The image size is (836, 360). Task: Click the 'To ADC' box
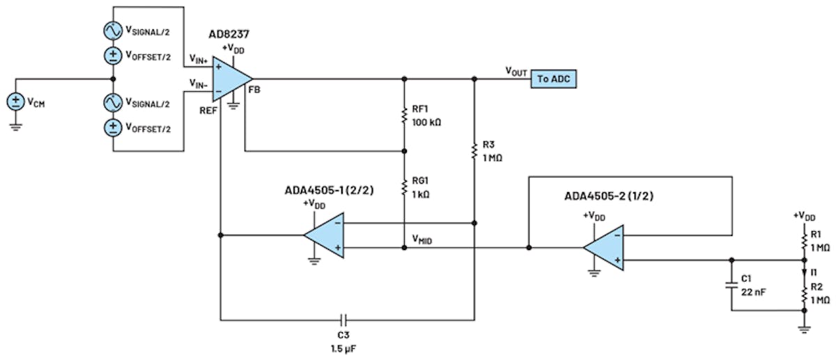tap(555, 79)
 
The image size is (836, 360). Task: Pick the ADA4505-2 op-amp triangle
tap(602, 248)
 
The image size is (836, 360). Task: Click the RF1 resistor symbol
tap(404, 116)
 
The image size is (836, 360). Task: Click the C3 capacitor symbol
tap(342, 320)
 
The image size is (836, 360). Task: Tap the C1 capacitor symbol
tap(731, 285)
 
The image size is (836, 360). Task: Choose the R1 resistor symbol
tap(805, 240)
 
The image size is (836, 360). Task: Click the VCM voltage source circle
tap(15, 102)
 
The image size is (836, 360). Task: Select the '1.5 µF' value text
tap(342, 346)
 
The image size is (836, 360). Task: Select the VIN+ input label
tap(199, 60)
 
